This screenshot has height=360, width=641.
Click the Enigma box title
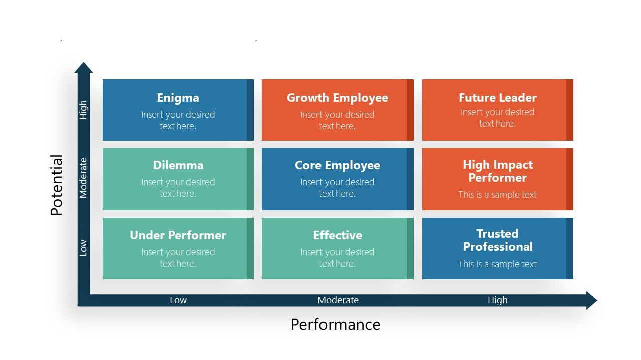178,98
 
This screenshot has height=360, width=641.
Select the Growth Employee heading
337,98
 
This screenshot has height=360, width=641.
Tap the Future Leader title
497,98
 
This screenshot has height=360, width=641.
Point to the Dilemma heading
178,165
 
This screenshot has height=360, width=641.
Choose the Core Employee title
337,165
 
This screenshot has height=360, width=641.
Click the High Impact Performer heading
497,171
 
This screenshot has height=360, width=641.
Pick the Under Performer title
178,235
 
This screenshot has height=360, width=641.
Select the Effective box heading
337,235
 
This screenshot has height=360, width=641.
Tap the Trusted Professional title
497,240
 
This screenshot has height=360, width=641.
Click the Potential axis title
57,185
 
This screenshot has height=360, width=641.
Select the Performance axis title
335,325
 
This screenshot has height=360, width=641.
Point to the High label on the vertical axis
83,110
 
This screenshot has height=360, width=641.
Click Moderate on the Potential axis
83,178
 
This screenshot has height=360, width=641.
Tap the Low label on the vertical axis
83,248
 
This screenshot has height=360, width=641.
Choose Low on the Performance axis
178,300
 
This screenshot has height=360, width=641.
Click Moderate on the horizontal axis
338,300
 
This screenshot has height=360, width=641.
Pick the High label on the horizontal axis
497,300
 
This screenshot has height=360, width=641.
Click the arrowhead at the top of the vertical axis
84,68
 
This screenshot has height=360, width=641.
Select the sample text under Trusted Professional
497,264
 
